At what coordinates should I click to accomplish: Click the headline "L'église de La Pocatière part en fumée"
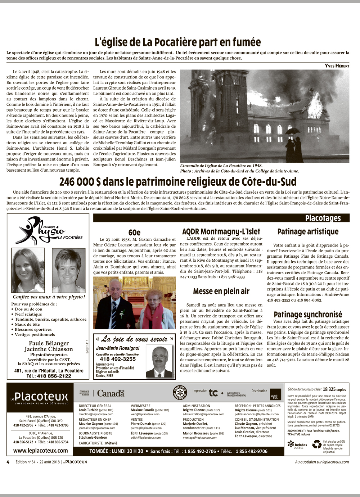pos(178,42)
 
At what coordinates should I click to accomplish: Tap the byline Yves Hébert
pos(337,65)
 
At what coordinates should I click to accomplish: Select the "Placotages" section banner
pos(323,218)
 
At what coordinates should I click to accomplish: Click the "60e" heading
pos(134,233)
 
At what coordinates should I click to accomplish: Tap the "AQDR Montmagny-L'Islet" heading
pos(221,232)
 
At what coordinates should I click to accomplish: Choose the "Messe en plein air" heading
pos(221,291)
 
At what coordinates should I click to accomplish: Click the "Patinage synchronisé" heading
pos(308,315)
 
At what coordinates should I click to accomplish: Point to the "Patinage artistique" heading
pos(308,232)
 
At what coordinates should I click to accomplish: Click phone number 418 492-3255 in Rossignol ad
pos(118,359)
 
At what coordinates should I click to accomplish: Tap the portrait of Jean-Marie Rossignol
pos(159,362)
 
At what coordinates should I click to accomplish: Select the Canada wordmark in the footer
pos(111,393)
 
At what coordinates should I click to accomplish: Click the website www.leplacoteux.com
pos(41,450)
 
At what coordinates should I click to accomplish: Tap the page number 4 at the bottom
pos(8,462)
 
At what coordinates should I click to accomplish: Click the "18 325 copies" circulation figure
pos(334,389)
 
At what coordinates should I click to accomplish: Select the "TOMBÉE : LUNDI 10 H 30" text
pos(116,451)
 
